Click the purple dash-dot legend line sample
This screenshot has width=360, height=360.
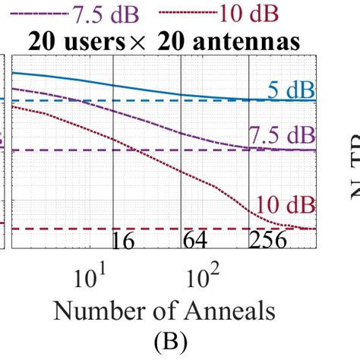47,14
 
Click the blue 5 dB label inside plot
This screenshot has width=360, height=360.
290,90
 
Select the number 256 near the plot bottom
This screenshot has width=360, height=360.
267,242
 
